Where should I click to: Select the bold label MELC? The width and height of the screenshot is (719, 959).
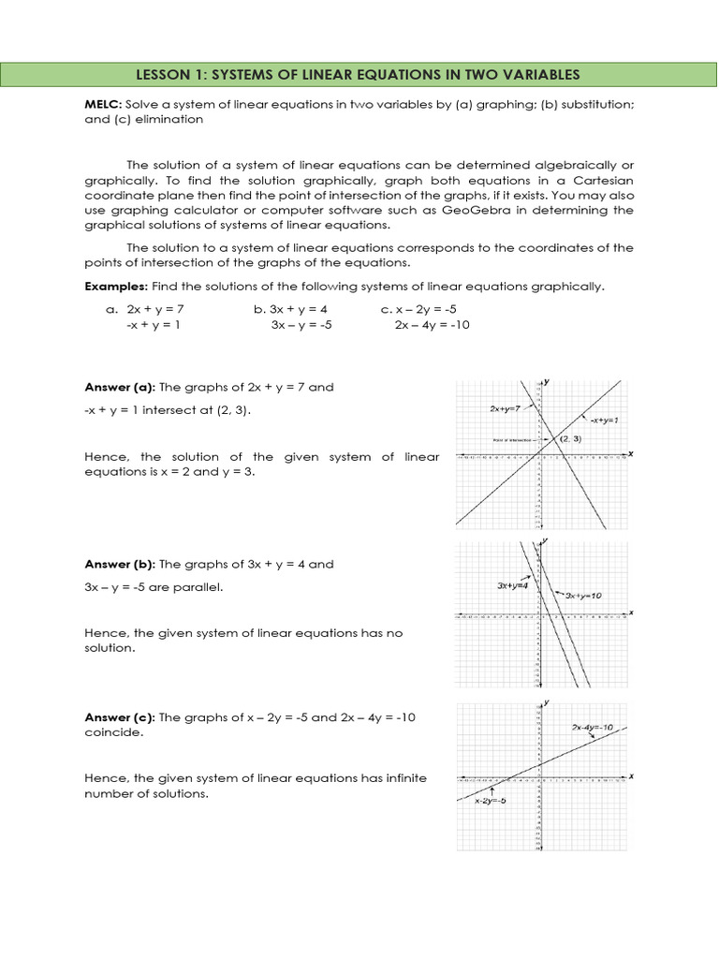105,105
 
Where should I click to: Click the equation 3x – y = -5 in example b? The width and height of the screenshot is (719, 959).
301,325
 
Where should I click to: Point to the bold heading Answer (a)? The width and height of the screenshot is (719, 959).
121,387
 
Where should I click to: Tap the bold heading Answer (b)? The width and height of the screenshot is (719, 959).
121,565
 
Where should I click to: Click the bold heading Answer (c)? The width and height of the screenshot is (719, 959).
121,717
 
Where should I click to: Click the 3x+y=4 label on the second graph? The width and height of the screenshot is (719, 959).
512,586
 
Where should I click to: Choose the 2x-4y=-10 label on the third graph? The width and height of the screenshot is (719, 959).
593,728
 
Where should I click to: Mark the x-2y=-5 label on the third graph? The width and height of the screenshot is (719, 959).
491,801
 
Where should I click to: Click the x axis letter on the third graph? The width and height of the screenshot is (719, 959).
631,776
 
